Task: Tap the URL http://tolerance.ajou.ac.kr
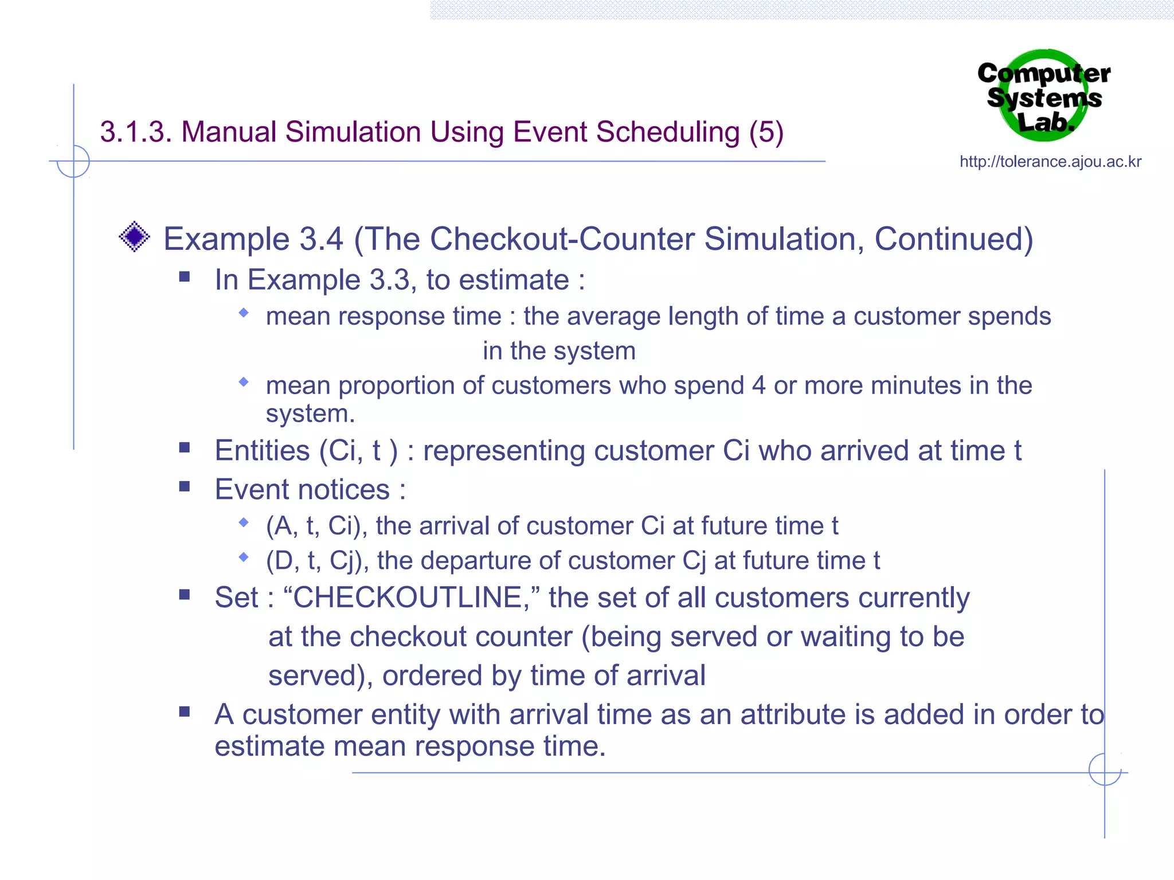click(1050, 162)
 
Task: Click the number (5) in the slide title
click(766, 132)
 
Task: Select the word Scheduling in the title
click(668, 133)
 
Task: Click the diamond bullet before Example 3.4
click(135, 237)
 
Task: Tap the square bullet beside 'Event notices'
click(185, 487)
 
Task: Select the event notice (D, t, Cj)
click(318, 561)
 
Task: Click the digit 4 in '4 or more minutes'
click(758, 386)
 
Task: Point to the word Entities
click(263, 450)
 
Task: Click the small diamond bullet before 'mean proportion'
click(244, 382)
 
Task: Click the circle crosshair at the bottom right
click(1105, 769)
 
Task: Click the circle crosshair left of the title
click(73, 161)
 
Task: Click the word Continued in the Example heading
click(953, 239)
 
